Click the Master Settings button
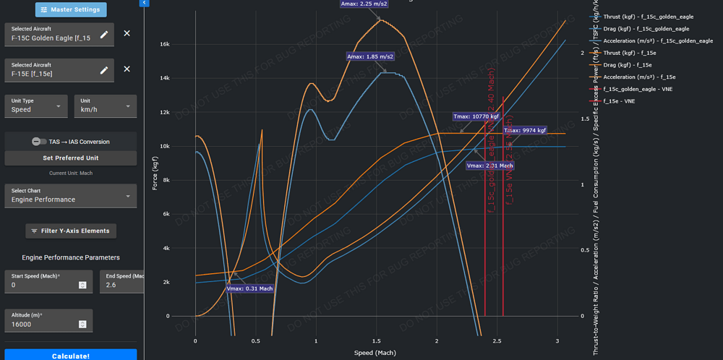tap(72, 10)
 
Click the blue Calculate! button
tap(71, 355)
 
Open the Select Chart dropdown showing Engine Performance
tap(71, 195)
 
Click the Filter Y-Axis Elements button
tap(71, 231)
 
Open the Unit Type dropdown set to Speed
tap(36, 106)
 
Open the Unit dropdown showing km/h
tap(106, 106)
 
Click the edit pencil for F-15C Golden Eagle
tap(104, 34)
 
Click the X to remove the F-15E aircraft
tap(127, 69)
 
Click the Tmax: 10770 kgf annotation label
tap(476, 116)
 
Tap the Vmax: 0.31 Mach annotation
tap(249, 289)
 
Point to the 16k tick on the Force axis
tap(164, 44)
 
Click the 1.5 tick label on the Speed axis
tap(376, 340)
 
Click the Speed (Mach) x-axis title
tap(376, 353)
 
